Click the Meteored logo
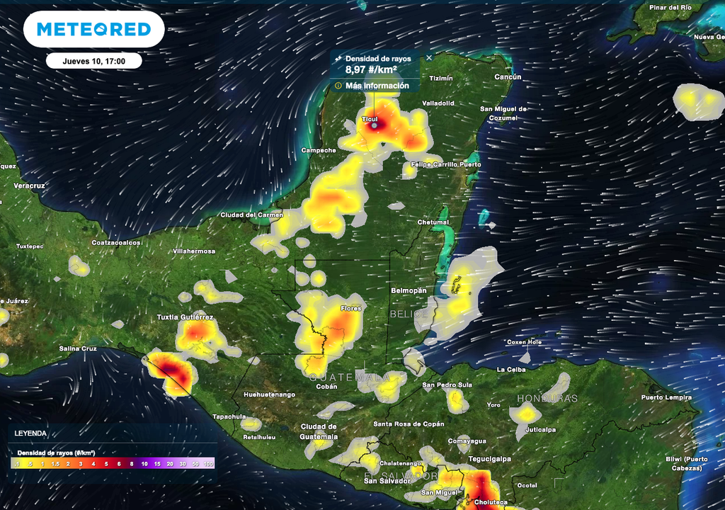coord(93,29)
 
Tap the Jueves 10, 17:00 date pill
coord(93,61)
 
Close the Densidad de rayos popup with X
coord(429,58)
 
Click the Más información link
coord(377,86)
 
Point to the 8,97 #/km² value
coord(371,70)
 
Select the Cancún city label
coord(507,77)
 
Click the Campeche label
coord(319,150)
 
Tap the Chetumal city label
coord(433,222)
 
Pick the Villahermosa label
coord(194,251)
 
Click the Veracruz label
coord(29,186)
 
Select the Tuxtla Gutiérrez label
coord(185,317)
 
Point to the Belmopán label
coord(409,291)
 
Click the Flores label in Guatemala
coord(350,309)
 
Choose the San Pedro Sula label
coord(447,385)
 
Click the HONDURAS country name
coord(547,399)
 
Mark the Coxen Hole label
coord(525,342)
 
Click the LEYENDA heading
coord(30,433)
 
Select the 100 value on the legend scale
coord(208,464)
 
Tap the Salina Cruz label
coord(78,348)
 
